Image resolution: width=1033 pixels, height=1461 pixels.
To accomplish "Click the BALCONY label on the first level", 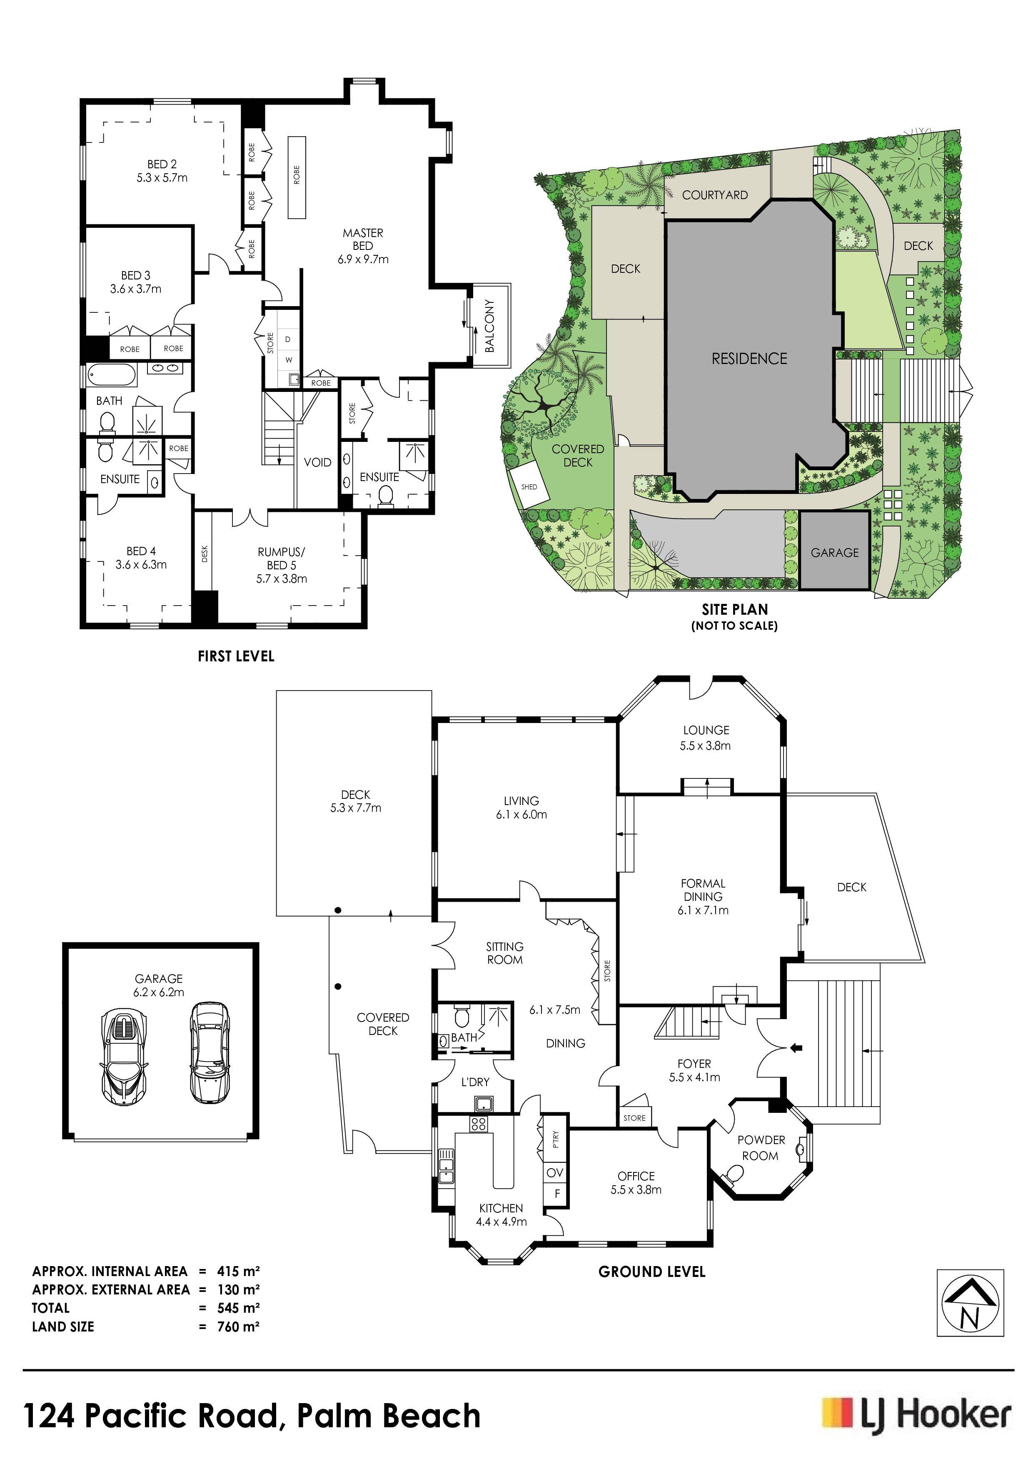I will (489, 326).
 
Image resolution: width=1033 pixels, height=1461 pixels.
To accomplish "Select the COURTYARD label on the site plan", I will (715, 195).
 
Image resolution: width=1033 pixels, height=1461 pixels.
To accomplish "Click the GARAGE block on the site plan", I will (834, 552).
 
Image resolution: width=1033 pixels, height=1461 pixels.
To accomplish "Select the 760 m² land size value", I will (238, 1327).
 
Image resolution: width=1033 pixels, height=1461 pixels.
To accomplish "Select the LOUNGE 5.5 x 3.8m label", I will (705, 738).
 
